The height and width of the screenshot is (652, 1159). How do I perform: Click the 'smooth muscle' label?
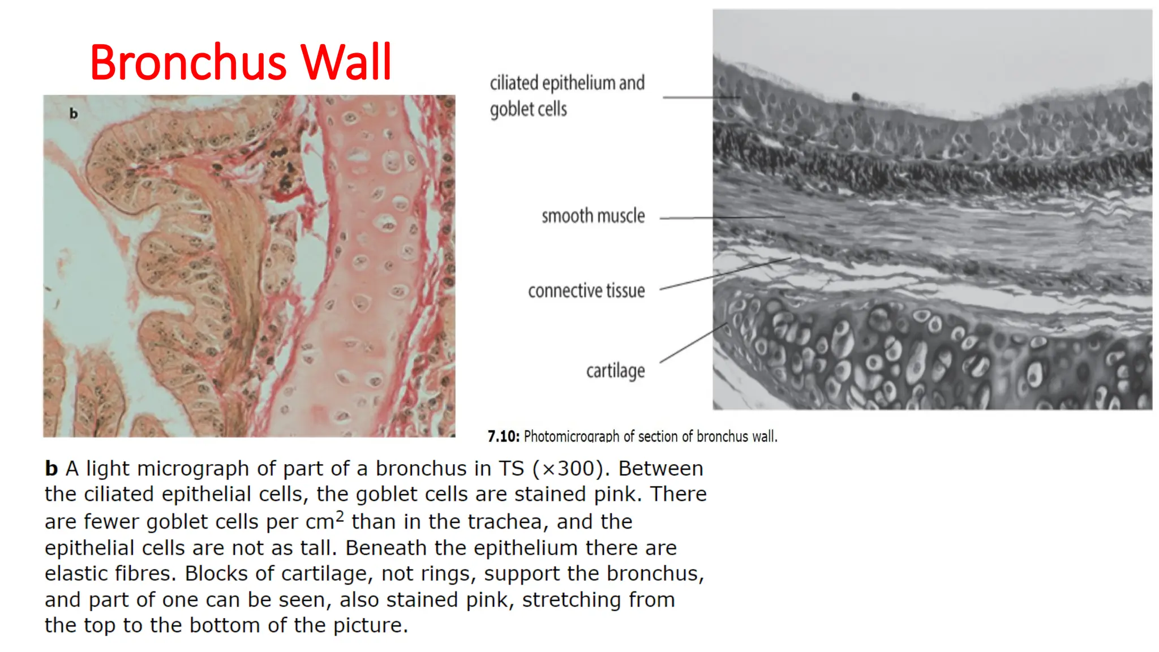(593, 216)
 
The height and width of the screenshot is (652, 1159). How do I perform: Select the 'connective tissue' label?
(586, 291)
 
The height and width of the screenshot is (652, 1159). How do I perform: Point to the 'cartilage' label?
(615, 371)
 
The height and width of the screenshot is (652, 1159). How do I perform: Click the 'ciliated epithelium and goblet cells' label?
(567, 96)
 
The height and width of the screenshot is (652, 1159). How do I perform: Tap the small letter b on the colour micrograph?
(74, 114)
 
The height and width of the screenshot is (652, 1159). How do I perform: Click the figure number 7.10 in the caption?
(503, 436)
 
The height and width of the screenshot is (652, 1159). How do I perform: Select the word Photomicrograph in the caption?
(572, 436)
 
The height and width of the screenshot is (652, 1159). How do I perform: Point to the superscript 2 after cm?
(340, 516)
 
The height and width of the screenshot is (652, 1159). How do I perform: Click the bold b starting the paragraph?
(51, 469)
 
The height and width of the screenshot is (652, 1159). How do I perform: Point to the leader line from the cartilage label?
(693, 343)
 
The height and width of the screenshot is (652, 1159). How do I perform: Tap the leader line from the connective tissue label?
(724, 274)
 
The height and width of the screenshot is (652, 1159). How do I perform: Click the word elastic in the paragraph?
(78, 573)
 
